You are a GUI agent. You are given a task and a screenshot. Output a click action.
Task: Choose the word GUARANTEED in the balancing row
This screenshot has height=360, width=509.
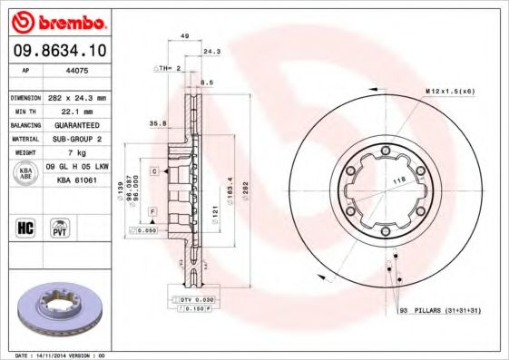tap(76, 125)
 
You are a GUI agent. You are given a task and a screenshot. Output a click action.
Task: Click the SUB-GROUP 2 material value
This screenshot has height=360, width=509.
tap(76, 139)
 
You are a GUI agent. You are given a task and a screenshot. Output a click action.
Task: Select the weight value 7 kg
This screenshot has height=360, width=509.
tap(76, 153)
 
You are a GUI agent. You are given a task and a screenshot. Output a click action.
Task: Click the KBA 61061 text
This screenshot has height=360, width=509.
tap(76, 181)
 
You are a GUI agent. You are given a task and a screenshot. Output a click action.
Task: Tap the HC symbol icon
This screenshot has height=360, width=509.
tap(25, 228)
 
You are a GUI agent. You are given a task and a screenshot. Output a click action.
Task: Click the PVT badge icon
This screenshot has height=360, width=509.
tap(61, 228)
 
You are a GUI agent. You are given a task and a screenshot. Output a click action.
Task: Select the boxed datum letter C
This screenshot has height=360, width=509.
tap(155, 170)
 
